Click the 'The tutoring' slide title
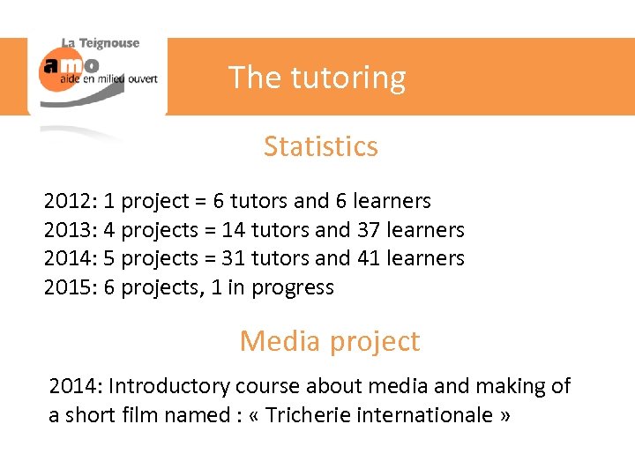[317, 78]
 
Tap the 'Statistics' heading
[320, 146]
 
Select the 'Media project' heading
[329, 341]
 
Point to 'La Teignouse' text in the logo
[101, 43]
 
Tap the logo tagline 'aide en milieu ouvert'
[108, 79]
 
